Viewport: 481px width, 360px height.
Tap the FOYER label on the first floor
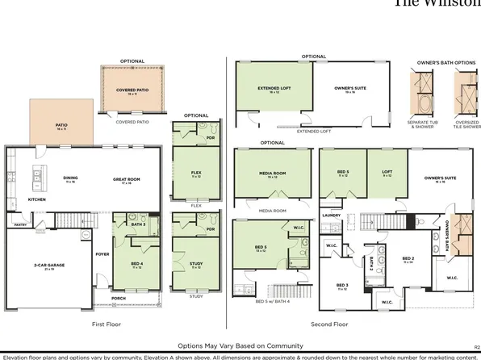pos(102,254)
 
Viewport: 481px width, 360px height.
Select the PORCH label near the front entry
pos(119,298)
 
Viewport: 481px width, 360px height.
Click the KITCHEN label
pos(37,199)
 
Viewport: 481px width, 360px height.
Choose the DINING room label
pos(70,179)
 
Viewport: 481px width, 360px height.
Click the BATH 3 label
pos(138,224)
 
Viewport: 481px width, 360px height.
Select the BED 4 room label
pos(137,264)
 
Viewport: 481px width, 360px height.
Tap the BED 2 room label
pos(408,259)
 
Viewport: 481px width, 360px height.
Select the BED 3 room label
pos(341,286)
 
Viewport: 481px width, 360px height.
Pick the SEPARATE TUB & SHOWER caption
pos(424,125)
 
